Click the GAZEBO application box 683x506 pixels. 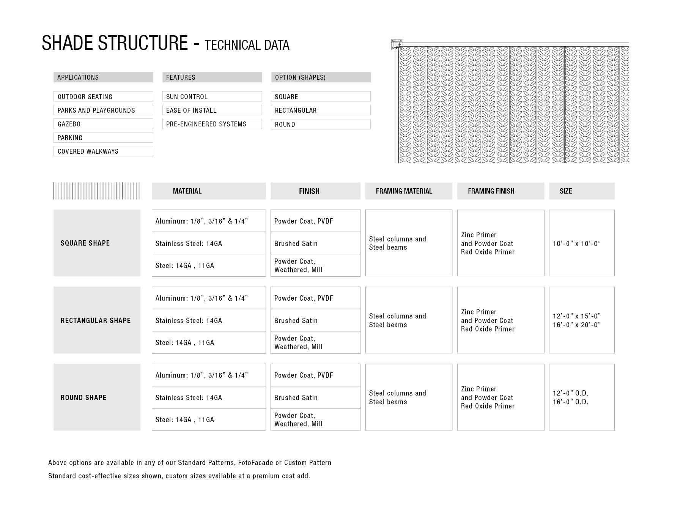click(x=103, y=124)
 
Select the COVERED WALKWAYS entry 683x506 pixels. click(x=103, y=151)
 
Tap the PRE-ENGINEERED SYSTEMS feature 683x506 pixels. click(x=212, y=124)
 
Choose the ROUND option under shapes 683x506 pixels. click(x=321, y=124)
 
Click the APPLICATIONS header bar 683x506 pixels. click(x=103, y=77)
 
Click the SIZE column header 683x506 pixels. click(x=581, y=191)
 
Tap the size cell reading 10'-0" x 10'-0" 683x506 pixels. click(x=581, y=243)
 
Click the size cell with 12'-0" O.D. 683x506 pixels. click(x=581, y=397)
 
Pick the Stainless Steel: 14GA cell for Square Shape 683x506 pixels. click(x=208, y=243)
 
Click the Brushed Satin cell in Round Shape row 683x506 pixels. click(x=315, y=397)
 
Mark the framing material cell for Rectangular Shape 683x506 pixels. click(x=408, y=320)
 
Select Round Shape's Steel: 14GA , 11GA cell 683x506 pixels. click(x=208, y=419)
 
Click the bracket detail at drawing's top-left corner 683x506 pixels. click(x=397, y=45)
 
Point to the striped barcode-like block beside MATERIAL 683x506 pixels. click(x=97, y=191)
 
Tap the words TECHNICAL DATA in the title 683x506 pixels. click(x=247, y=45)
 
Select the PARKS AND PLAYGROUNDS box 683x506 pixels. click(x=103, y=110)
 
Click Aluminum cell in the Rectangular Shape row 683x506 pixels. click(x=208, y=298)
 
